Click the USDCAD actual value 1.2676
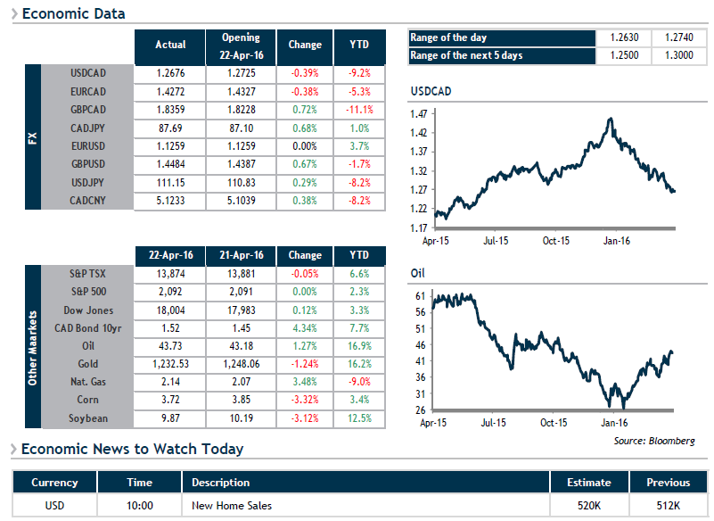coord(170,73)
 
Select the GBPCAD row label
coord(88,110)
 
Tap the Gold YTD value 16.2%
coord(359,364)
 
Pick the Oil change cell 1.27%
coord(305,346)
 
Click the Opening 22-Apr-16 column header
coord(241,46)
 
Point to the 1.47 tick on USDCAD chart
coord(419,114)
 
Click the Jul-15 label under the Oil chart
coord(493,423)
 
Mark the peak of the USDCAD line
coord(611,119)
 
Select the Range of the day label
coord(448,37)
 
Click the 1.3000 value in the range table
coord(679,55)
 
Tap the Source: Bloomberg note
coord(654,441)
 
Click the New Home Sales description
coord(232,506)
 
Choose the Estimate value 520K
coord(589,506)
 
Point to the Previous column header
coord(668,483)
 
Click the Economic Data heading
coord(73,13)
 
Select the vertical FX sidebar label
coord(33,138)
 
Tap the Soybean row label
coord(88,418)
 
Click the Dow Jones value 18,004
coord(170,310)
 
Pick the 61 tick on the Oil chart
coord(421,296)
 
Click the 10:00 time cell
coord(139,506)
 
